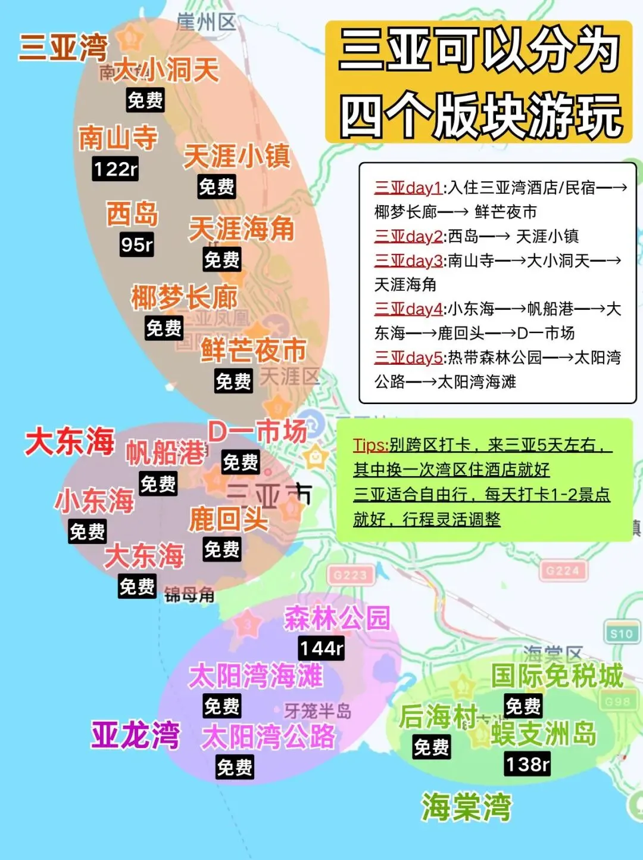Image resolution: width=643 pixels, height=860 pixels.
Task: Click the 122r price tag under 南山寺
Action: (x=116, y=169)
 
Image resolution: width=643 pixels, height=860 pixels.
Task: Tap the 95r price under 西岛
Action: (x=137, y=244)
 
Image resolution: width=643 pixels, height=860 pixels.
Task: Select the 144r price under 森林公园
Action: (x=321, y=648)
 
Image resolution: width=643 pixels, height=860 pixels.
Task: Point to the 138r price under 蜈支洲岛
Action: (x=527, y=763)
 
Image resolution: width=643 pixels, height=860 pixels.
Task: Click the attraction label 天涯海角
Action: (x=242, y=229)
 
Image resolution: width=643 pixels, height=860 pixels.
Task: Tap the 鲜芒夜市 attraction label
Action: (x=254, y=350)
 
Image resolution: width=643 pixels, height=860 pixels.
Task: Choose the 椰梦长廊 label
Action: (x=184, y=297)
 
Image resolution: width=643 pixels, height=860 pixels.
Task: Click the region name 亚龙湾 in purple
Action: (x=135, y=734)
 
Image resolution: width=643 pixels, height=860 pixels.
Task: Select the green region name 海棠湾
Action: (x=466, y=807)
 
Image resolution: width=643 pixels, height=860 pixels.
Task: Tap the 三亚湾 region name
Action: (x=63, y=47)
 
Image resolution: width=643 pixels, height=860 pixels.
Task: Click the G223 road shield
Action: (x=350, y=575)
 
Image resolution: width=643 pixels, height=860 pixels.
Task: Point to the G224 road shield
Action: (x=562, y=571)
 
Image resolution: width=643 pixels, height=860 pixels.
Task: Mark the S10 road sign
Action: (x=621, y=634)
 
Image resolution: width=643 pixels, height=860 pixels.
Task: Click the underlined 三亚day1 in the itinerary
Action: (x=408, y=188)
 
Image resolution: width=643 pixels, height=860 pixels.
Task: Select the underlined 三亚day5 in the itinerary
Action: (x=408, y=358)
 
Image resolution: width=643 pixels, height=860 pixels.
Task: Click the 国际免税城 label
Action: (x=557, y=676)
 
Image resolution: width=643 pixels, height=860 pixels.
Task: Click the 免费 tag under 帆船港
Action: (x=158, y=483)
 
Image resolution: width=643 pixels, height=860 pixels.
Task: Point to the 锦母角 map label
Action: (x=189, y=594)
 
